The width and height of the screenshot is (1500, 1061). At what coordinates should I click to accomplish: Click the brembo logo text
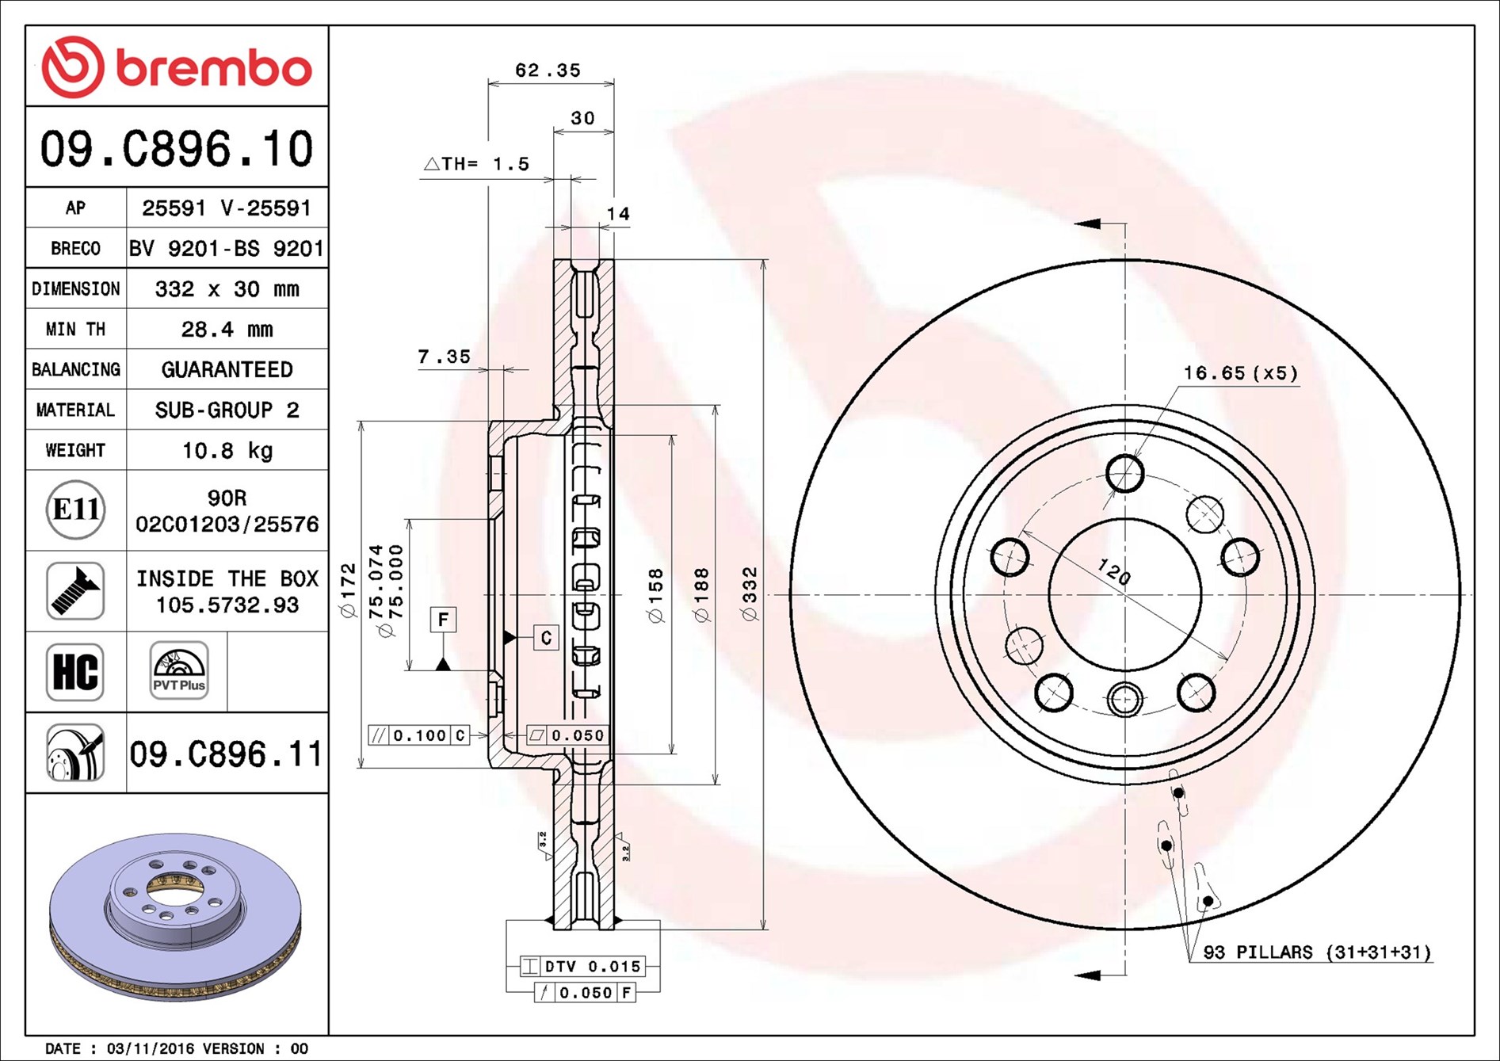click(x=214, y=68)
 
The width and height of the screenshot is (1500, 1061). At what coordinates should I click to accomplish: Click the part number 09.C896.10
click(x=177, y=149)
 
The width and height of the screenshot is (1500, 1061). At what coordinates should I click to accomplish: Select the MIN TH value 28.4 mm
click(x=227, y=329)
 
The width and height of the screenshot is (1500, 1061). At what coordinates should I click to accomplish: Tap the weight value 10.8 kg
click(x=227, y=451)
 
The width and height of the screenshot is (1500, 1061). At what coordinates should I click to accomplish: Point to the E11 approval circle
click(x=75, y=510)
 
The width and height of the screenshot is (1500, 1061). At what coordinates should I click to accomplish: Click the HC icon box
click(x=75, y=672)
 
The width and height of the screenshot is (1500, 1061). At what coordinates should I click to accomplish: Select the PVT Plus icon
click(x=179, y=671)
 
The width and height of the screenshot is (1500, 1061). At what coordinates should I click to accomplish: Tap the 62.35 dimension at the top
click(x=548, y=71)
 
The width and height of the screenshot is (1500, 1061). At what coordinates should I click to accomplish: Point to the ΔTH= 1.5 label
click(x=477, y=164)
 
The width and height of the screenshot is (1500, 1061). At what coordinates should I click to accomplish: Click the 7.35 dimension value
click(x=444, y=357)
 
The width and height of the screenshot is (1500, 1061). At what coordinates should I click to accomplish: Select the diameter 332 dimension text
click(x=750, y=593)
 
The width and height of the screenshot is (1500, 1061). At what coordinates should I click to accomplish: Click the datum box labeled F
click(x=443, y=619)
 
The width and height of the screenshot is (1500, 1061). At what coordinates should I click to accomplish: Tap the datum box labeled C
click(x=546, y=638)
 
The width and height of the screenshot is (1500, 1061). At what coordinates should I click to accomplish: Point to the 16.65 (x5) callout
click(x=1240, y=373)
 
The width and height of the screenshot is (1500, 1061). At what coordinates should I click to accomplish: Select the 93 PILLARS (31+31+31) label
click(x=1316, y=952)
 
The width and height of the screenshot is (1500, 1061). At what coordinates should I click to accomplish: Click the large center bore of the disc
click(x=1124, y=594)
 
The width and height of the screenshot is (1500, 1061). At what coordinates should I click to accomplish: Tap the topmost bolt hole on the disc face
click(x=1124, y=475)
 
